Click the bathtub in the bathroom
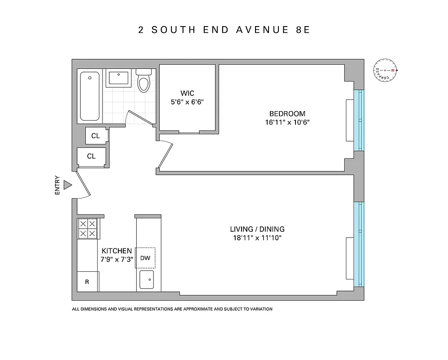(x=90, y=97)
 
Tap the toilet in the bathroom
(x=143, y=81)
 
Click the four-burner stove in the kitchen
(x=87, y=228)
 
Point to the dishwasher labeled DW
(x=145, y=258)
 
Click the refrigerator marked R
(x=87, y=282)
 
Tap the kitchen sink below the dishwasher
(x=146, y=280)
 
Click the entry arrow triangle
(x=67, y=185)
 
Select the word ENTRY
(x=57, y=185)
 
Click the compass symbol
(x=385, y=71)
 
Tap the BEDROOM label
(x=287, y=114)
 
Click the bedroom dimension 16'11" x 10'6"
(x=287, y=122)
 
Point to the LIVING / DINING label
(x=257, y=229)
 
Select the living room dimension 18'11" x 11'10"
(x=257, y=238)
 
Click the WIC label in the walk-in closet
(x=187, y=93)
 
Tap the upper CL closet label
(x=95, y=135)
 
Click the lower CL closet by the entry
(x=91, y=157)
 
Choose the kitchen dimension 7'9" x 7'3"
(x=116, y=260)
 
